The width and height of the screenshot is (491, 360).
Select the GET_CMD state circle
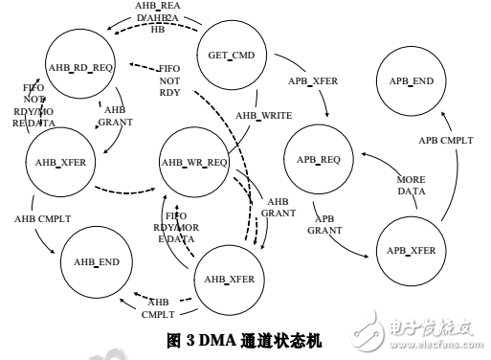[x=230, y=54]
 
